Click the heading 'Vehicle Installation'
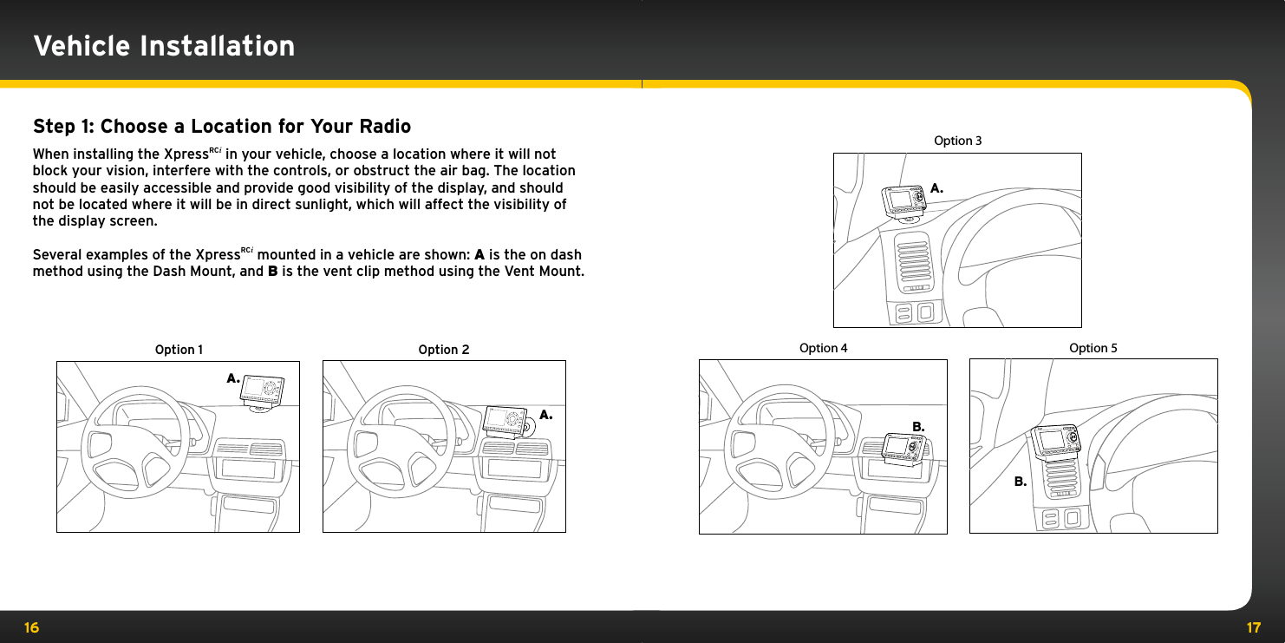(164, 45)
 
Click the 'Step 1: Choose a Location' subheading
(221, 127)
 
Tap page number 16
(31, 627)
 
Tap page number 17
(1253, 627)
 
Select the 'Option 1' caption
(179, 350)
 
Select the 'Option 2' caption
(443, 350)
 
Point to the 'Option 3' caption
(957, 141)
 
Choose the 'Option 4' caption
(823, 348)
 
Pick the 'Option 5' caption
(1093, 348)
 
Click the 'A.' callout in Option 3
(936, 187)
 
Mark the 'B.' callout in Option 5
(1021, 481)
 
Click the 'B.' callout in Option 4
(918, 427)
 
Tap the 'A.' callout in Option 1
(232, 378)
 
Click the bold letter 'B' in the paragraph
(272, 272)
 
